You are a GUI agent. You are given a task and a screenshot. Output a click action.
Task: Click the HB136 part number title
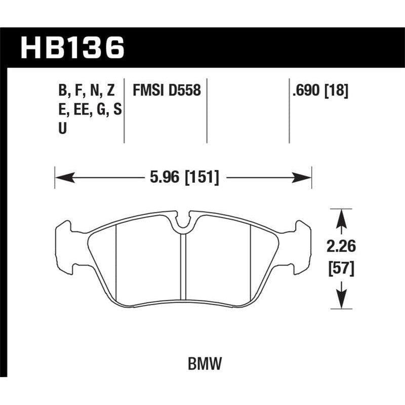point(71,48)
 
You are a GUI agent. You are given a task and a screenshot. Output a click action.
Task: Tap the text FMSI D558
point(167,91)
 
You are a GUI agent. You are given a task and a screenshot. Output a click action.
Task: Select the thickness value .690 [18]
point(318,91)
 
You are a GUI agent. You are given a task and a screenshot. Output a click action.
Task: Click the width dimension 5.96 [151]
point(184,178)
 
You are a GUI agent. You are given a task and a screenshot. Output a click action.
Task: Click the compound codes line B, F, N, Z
point(87,91)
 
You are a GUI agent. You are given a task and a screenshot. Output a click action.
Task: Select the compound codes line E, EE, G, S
point(89,110)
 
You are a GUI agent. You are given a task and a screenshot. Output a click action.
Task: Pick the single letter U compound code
point(63,129)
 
